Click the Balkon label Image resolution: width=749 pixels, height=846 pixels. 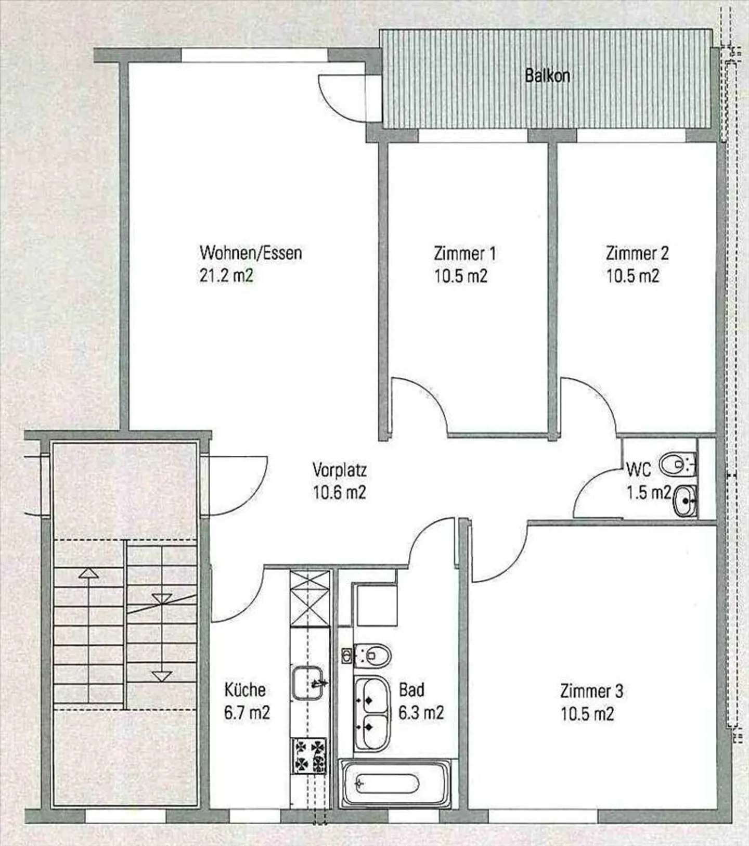tap(547, 76)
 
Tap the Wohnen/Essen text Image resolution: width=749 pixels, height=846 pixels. tap(251, 253)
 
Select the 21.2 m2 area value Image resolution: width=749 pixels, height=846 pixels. tap(226, 275)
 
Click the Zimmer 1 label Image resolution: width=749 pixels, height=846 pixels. tap(464, 253)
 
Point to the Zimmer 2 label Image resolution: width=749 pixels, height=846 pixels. tap(637, 253)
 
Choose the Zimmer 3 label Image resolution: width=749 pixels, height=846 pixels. tap(591, 691)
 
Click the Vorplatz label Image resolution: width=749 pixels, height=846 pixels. tap(340, 470)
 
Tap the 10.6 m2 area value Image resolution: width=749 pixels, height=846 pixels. tap(339, 492)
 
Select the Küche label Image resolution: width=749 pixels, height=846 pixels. tap(245, 690)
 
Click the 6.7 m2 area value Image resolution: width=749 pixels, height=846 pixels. tap(247, 712)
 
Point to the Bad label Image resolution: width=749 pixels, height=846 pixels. tap(411, 690)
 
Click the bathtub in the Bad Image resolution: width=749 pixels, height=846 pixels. tap(395, 784)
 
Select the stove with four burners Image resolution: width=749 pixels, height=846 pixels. tap(309, 755)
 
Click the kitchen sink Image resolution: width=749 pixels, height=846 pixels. tap(308, 683)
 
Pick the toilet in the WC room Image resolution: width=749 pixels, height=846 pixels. tap(678, 464)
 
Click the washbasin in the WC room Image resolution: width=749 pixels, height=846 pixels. tap(685, 501)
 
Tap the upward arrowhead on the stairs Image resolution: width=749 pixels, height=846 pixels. tap(89, 573)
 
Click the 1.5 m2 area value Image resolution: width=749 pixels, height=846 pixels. tap(649, 492)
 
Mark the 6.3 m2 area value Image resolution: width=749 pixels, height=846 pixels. tap(421, 712)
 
